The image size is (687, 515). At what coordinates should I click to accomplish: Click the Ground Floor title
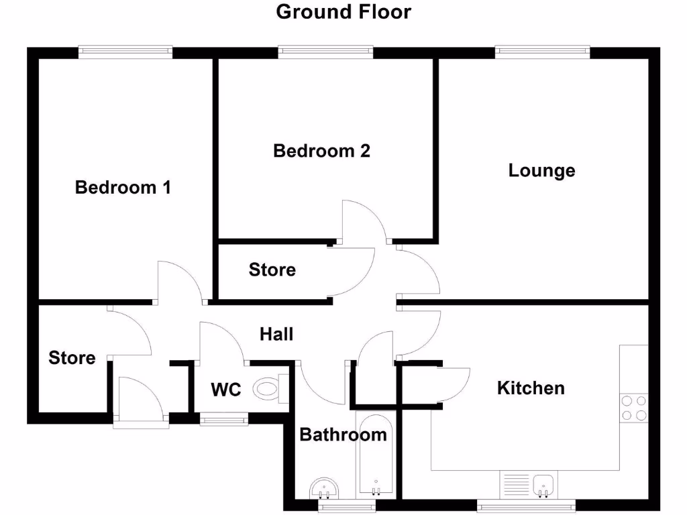[x=343, y=12]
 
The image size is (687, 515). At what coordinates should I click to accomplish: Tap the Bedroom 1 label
[x=123, y=187]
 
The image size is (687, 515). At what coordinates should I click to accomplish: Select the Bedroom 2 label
[x=321, y=151]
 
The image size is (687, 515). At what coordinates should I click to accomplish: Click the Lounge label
[x=541, y=170]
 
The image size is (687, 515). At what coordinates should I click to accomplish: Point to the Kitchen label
[x=531, y=388]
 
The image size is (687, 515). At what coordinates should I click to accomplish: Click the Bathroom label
[x=343, y=435]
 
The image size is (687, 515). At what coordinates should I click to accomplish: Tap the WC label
[x=225, y=390]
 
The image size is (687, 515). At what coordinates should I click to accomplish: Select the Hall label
[x=276, y=333]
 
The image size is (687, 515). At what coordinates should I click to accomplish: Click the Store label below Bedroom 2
[x=272, y=270]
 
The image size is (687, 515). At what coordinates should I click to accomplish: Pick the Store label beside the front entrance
[x=72, y=358]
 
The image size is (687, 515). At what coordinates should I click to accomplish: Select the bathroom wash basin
[x=325, y=489]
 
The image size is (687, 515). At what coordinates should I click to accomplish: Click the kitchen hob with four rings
[x=634, y=408]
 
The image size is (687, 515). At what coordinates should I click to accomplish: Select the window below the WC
[x=224, y=420]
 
